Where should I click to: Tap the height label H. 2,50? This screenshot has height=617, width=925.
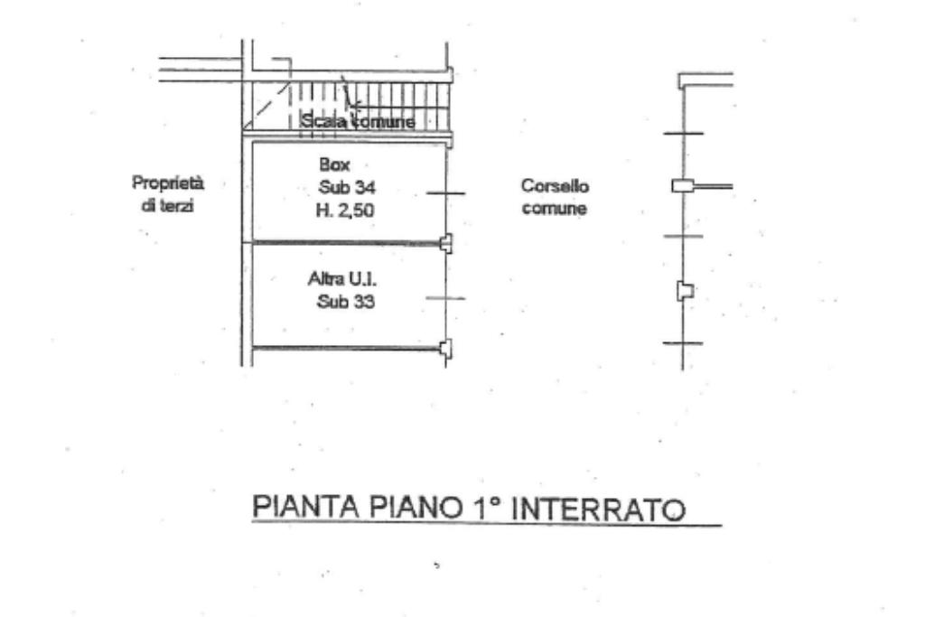(x=345, y=209)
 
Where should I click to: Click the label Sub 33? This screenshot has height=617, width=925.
(x=345, y=302)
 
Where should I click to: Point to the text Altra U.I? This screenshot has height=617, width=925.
(x=336, y=281)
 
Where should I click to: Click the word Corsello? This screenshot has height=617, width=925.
(x=555, y=187)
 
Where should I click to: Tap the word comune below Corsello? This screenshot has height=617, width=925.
(x=555, y=209)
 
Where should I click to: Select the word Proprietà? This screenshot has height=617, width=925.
(x=168, y=183)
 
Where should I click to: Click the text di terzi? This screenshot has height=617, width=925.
(x=168, y=205)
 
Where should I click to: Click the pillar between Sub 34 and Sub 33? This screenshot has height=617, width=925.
(x=445, y=242)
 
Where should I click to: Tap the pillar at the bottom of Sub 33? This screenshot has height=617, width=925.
(x=445, y=348)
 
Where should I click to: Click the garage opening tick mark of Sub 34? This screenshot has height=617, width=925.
(x=445, y=193)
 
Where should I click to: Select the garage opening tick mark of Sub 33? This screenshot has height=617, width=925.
(x=445, y=299)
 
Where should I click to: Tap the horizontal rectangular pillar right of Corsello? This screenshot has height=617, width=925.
(x=682, y=186)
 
